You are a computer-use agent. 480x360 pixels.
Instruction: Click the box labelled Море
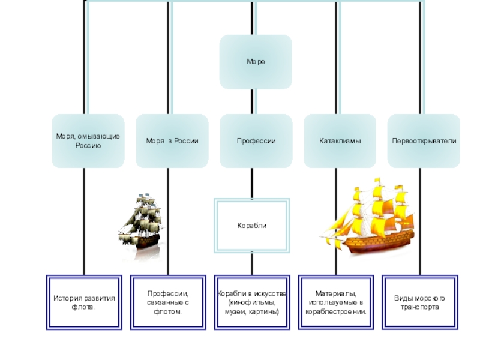click(256, 62)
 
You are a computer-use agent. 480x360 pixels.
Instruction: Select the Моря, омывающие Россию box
click(88, 141)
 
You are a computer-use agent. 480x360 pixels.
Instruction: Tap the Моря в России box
click(172, 141)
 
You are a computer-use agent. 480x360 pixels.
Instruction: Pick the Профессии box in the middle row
click(256, 141)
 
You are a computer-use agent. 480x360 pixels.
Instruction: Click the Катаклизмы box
click(340, 141)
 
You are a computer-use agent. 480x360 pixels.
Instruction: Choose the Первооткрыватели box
click(424, 141)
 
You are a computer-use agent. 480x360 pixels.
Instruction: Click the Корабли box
click(252, 226)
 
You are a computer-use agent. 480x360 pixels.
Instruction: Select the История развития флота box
click(83, 302)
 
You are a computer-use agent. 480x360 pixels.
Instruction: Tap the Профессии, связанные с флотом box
click(168, 302)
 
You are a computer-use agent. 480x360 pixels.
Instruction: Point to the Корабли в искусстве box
click(252, 302)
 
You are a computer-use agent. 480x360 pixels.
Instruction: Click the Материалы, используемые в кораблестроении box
click(335, 302)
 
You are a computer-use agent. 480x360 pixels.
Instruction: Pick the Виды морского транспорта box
click(419, 302)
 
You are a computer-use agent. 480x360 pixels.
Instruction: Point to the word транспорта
click(419, 307)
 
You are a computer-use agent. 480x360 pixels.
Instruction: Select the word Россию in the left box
click(88, 146)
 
